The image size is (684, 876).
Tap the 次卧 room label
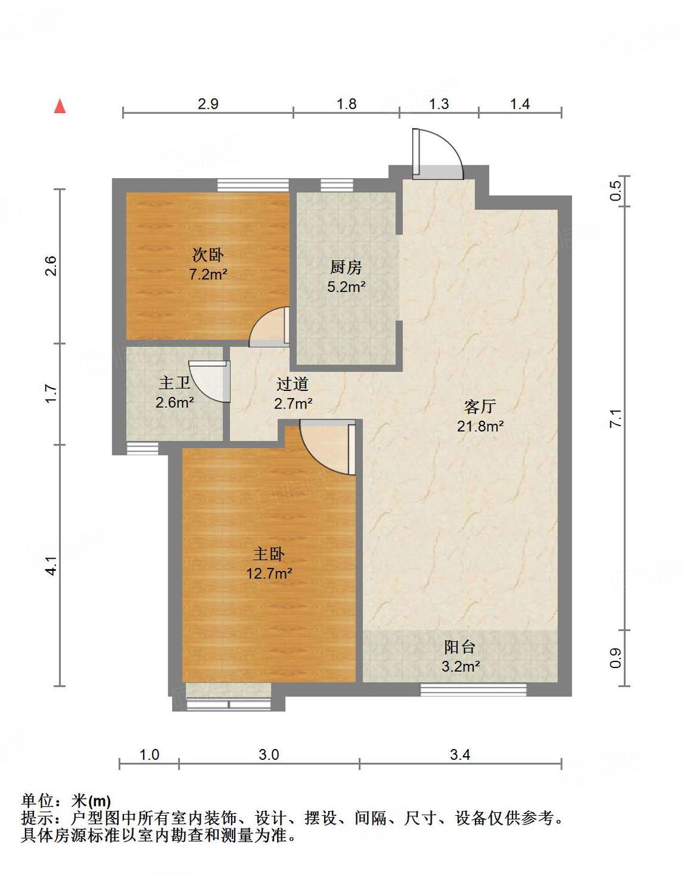pos(207,255)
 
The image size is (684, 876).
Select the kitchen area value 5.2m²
pos(346,287)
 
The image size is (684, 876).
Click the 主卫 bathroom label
pos(174,383)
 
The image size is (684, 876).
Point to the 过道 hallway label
pos(292,384)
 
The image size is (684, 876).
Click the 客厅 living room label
pos(480,407)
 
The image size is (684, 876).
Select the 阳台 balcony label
pos(460,647)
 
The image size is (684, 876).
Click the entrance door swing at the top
pos(438,154)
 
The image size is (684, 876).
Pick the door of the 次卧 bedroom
pos(269,327)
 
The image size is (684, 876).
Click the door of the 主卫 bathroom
pos(210,381)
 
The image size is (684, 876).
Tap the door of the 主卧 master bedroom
pos(327,447)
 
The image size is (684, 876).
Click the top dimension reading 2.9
pos(208,104)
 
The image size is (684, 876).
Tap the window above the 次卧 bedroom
pos(253,185)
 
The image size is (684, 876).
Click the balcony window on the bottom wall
pos(474,690)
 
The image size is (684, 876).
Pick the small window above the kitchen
pos(337,185)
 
